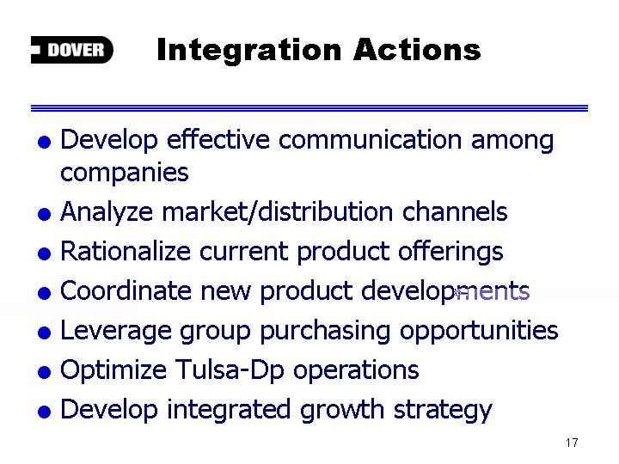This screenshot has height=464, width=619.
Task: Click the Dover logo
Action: (x=72, y=50)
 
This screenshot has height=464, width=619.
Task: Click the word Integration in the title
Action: (x=248, y=52)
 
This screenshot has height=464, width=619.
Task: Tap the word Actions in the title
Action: (x=417, y=50)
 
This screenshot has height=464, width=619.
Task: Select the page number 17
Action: (x=572, y=443)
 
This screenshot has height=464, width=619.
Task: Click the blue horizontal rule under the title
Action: (x=309, y=108)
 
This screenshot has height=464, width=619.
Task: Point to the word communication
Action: (x=370, y=139)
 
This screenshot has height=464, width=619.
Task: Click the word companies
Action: (x=125, y=174)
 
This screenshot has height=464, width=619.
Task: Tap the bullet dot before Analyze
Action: (x=44, y=214)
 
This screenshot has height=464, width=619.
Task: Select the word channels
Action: (x=455, y=211)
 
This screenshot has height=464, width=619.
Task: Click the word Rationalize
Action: (x=126, y=251)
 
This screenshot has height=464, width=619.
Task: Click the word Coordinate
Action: (x=126, y=290)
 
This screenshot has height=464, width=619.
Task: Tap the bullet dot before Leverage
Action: (x=44, y=333)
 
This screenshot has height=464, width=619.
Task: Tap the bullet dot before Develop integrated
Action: (x=44, y=412)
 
